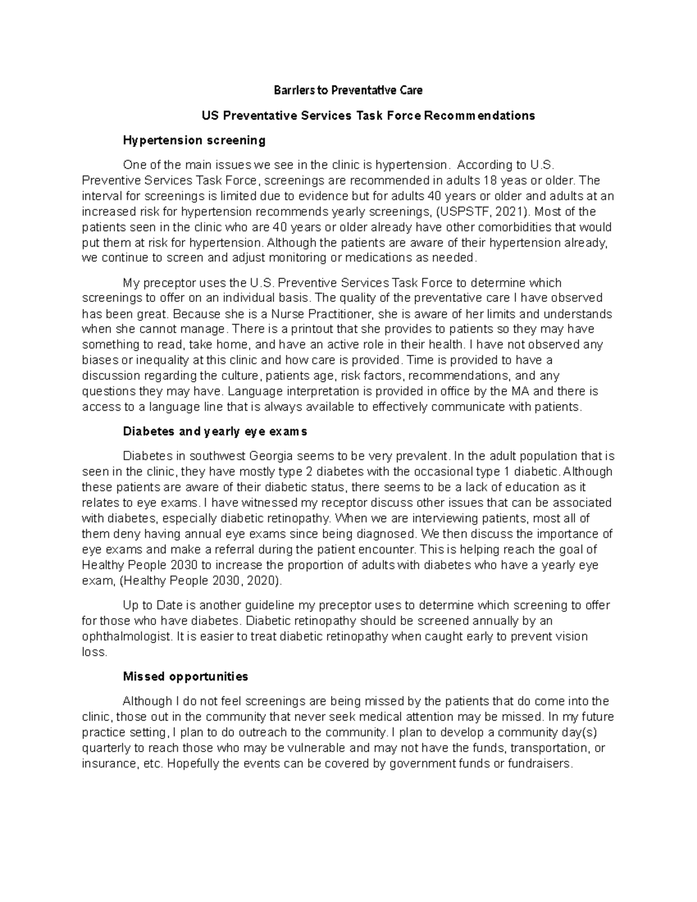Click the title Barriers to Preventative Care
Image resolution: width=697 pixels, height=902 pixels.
click(348, 90)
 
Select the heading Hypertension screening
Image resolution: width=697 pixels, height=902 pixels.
click(194, 140)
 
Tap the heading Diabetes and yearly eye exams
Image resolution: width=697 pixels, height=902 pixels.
click(214, 432)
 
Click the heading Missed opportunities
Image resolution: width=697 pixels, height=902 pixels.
click(185, 677)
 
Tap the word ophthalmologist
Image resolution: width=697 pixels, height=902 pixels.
click(127, 637)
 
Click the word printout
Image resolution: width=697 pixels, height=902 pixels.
click(328, 329)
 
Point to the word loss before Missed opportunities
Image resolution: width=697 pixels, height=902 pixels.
click(95, 652)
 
